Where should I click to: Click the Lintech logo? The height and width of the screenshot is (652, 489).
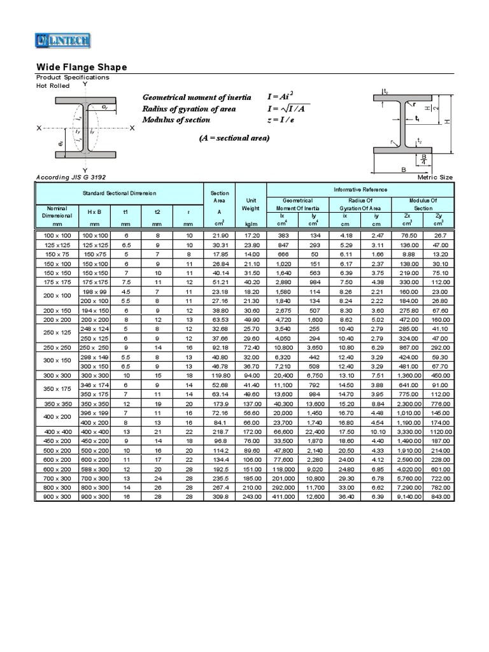click(x=62, y=41)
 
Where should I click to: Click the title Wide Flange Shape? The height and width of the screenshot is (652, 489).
click(x=81, y=67)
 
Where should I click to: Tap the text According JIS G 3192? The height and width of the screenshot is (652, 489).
click(x=69, y=176)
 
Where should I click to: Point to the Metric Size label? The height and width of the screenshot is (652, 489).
click(x=435, y=177)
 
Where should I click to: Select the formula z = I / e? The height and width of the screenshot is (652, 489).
click(x=288, y=120)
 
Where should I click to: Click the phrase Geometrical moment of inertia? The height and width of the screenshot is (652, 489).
click(x=197, y=97)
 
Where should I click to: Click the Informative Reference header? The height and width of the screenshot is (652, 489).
click(x=360, y=190)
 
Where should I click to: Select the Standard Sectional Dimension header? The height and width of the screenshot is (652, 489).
click(x=119, y=193)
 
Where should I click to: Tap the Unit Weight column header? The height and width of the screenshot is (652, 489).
click(x=251, y=204)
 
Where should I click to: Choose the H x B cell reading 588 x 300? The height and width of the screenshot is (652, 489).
click(x=94, y=469)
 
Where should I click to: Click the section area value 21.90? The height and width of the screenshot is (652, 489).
click(x=219, y=235)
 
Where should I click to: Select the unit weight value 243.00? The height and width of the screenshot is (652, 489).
click(x=251, y=496)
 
